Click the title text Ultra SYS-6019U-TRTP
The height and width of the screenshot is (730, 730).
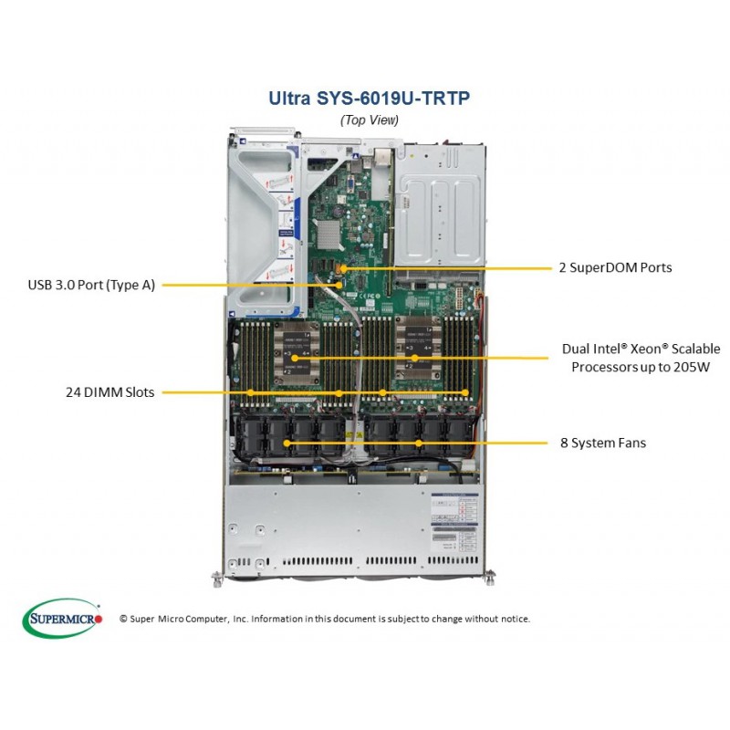click(370, 98)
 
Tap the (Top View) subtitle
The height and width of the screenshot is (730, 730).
click(370, 120)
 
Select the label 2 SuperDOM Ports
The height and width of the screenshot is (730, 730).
click(615, 267)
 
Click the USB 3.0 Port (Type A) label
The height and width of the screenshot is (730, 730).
click(91, 285)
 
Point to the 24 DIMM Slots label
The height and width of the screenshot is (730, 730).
click(109, 392)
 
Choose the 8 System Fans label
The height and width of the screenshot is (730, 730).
click(603, 443)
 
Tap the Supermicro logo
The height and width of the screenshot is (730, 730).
click(62, 619)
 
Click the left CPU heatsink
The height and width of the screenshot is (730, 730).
click(296, 354)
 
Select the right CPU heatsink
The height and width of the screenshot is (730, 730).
click(418, 349)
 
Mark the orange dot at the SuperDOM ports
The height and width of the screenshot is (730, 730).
click(344, 268)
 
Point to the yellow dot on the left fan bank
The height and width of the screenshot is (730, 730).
click(287, 443)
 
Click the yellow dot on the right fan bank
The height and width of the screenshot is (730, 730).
click(419, 443)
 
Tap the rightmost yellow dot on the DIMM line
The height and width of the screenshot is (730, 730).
click(465, 392)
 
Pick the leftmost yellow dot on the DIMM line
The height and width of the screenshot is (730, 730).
click(250, 392)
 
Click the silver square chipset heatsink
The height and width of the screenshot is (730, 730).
click(328, 233)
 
